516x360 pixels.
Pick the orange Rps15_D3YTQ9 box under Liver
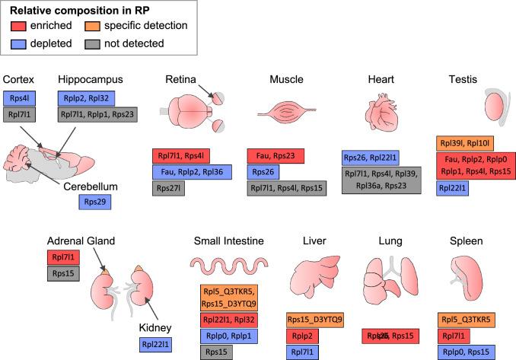(315, 318)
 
